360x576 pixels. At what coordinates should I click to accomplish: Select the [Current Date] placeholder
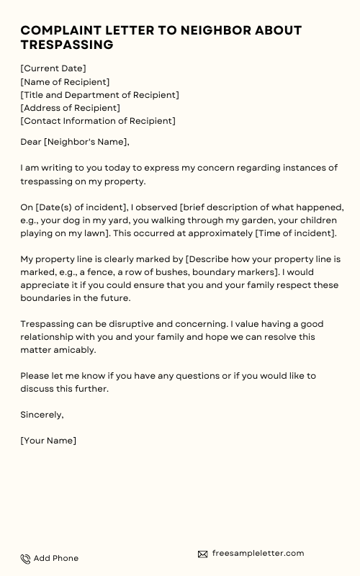point(53,68)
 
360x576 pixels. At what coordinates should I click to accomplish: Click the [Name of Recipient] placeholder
point(65,82)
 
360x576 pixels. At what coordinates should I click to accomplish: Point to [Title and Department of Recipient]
point(99,95)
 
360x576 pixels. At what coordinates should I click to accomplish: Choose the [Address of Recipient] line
point(70,108)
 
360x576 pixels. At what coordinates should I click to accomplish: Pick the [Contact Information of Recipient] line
point(98,121)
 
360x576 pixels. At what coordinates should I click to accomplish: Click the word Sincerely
point(42,414)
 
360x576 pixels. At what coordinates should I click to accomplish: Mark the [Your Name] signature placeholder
point(48,440)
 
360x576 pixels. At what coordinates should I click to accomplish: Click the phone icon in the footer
point(25,559)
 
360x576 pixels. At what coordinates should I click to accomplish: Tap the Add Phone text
point(56,558)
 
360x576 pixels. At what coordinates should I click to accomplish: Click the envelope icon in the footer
point(202,554)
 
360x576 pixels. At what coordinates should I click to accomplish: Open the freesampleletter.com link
point(258,553)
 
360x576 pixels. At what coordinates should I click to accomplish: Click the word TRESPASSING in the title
point(67,45)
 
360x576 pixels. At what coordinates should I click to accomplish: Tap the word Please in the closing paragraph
point(35,376)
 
